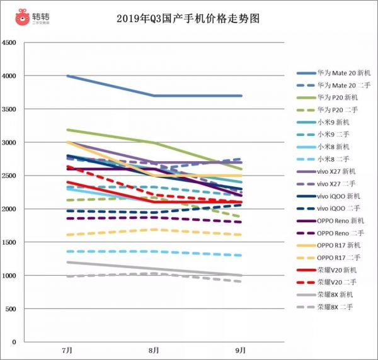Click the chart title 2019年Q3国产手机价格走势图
[x=188, y=18]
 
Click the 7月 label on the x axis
[x=67, y=349]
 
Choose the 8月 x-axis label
[x=154, y=349]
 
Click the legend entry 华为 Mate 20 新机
[x=344, y=73]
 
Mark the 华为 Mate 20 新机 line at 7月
[x=67, y=76]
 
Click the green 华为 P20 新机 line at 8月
[x=154, y=143]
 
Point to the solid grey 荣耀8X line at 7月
[x=67, y=262]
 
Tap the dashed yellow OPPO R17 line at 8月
[x=154, y=230]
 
